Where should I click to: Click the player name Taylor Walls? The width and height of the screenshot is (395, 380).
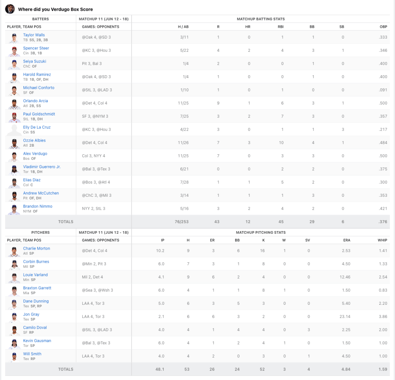coord(34,35)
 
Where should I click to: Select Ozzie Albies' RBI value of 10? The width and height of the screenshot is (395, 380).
coord(281,143)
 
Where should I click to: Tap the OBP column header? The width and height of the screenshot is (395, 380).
coord(383,27)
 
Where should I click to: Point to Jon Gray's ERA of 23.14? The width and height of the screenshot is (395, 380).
coord(346,317)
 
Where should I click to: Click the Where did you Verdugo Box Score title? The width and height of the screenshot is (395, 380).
coord(56,9)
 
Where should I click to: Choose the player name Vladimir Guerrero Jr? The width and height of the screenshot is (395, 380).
coord(42,167)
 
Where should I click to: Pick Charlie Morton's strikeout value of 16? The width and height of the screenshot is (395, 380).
coord(262,251)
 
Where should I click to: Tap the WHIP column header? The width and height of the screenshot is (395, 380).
coord(382,240)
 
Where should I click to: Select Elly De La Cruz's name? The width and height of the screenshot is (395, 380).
coord(37,127)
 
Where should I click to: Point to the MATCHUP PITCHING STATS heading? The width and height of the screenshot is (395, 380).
coord(261,233)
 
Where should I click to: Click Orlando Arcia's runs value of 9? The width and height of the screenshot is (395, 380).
coord(218,103)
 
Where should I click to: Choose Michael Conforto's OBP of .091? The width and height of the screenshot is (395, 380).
coord(383,90)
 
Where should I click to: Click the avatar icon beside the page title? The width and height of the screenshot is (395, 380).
coord(10,9)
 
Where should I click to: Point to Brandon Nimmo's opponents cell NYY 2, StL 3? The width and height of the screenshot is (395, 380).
coord(94,209)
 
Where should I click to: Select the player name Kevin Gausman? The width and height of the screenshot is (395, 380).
coord(37,341)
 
